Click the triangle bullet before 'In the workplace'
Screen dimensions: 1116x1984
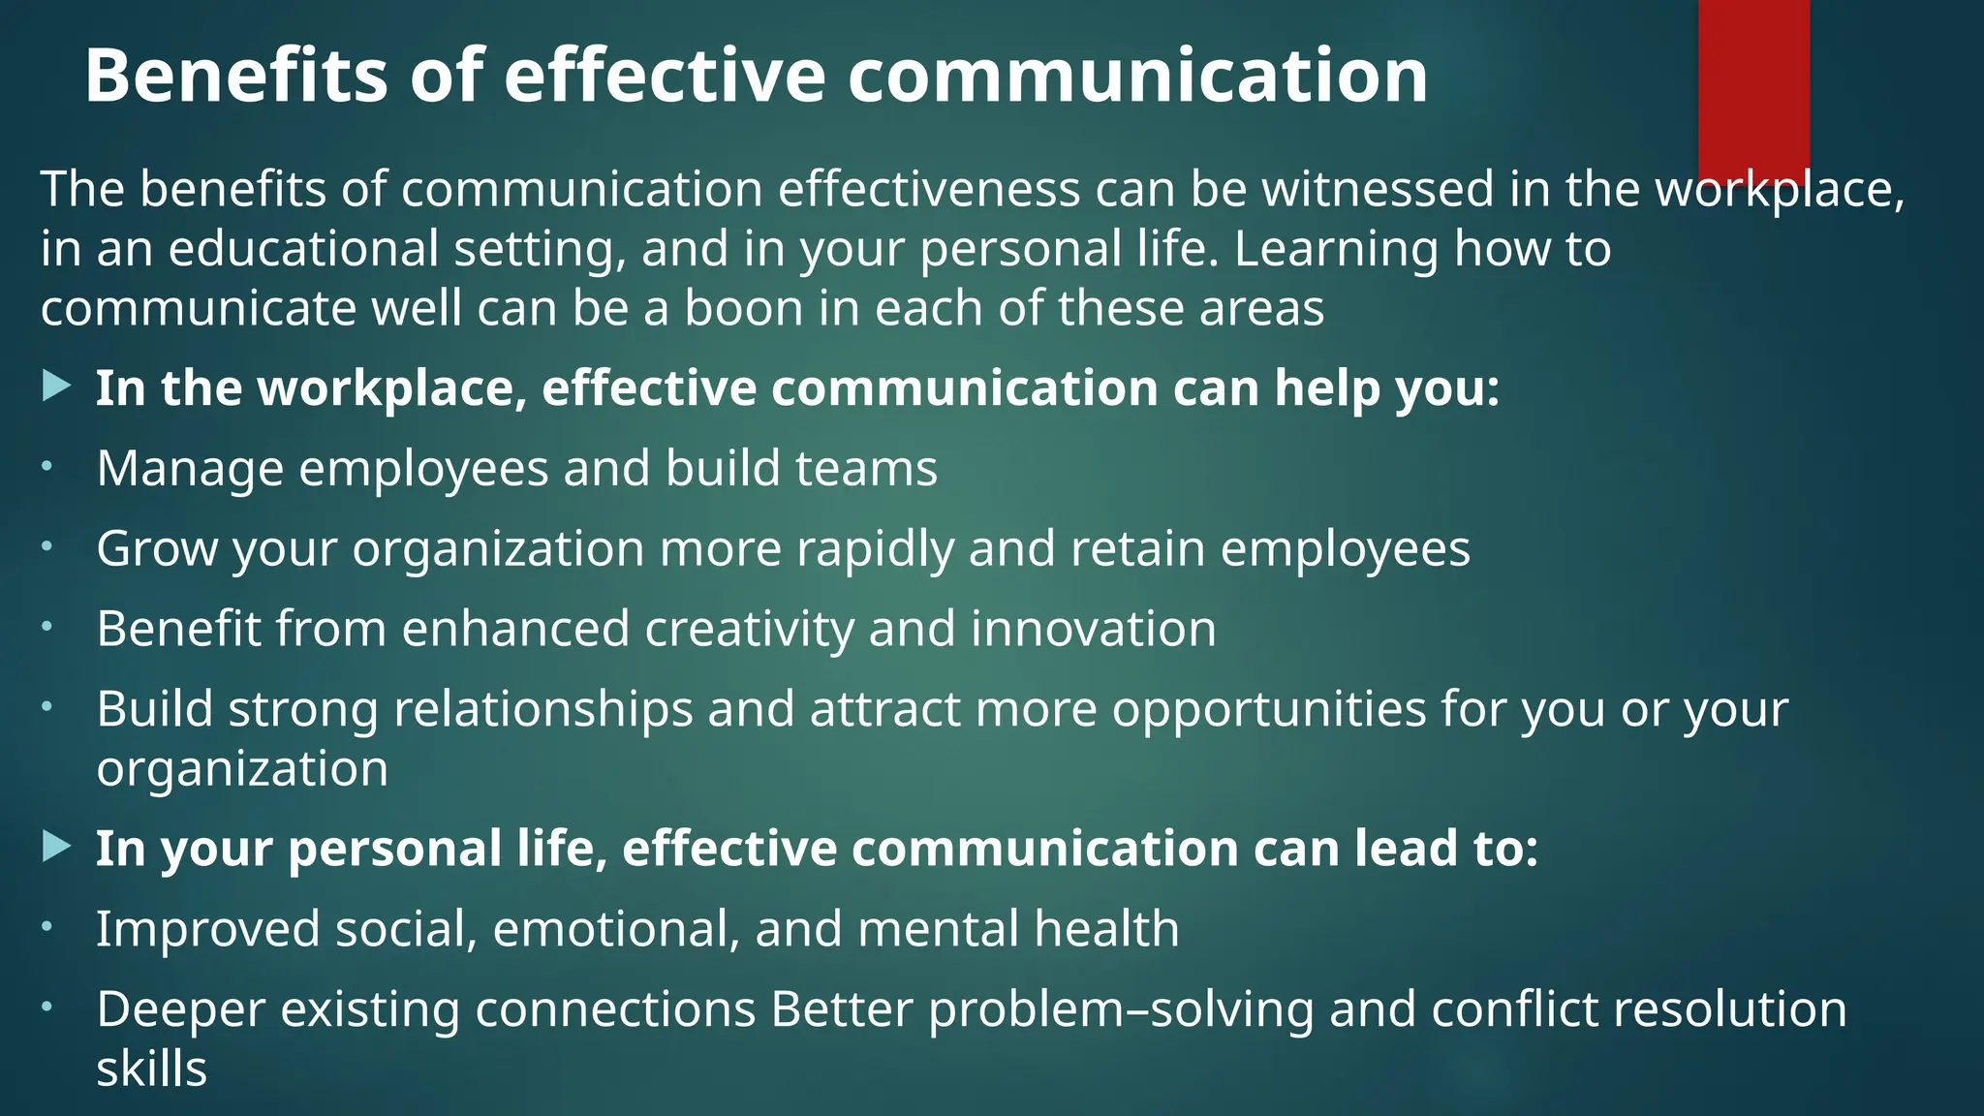tap(57, 388)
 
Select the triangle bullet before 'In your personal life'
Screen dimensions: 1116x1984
tap(57, 848)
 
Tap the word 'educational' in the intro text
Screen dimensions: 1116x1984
tap(304, 249)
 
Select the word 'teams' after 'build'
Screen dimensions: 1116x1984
tap(866, 469)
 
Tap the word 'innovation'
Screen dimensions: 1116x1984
tap(1093, 630)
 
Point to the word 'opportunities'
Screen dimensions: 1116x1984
tap(1268, 709)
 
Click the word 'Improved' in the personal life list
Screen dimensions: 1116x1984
tap(208, 929)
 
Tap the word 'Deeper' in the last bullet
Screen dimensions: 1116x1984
tap(181, 1009)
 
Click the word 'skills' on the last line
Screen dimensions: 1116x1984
tap(152, 1069)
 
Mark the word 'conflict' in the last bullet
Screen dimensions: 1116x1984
tap(1506, 1009)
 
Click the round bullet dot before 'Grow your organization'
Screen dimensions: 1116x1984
tap(46, 547)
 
